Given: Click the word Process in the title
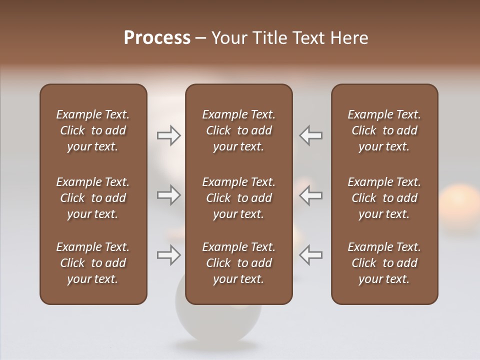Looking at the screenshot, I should (157, 38).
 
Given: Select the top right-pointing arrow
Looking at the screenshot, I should (168, 135).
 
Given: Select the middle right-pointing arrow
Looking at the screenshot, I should (168, 195).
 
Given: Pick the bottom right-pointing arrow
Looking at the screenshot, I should (168, 255).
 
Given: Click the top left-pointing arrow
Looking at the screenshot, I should (311, 135).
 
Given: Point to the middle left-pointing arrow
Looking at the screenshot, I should (311, 195).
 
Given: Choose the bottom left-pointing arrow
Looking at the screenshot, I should (311, 255).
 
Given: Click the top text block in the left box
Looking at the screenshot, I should (93, 130).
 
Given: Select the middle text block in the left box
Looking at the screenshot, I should (93, 198).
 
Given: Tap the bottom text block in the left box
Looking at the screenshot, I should (93, 263).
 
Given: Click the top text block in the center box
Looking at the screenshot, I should (238, 130).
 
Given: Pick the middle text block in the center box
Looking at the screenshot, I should (238, 198).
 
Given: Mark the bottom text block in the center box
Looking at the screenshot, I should (238, 263).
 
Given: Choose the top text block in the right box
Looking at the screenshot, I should (384, 130).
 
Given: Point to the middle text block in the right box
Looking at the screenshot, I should (384, 198).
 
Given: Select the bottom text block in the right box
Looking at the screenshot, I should (384, 263).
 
